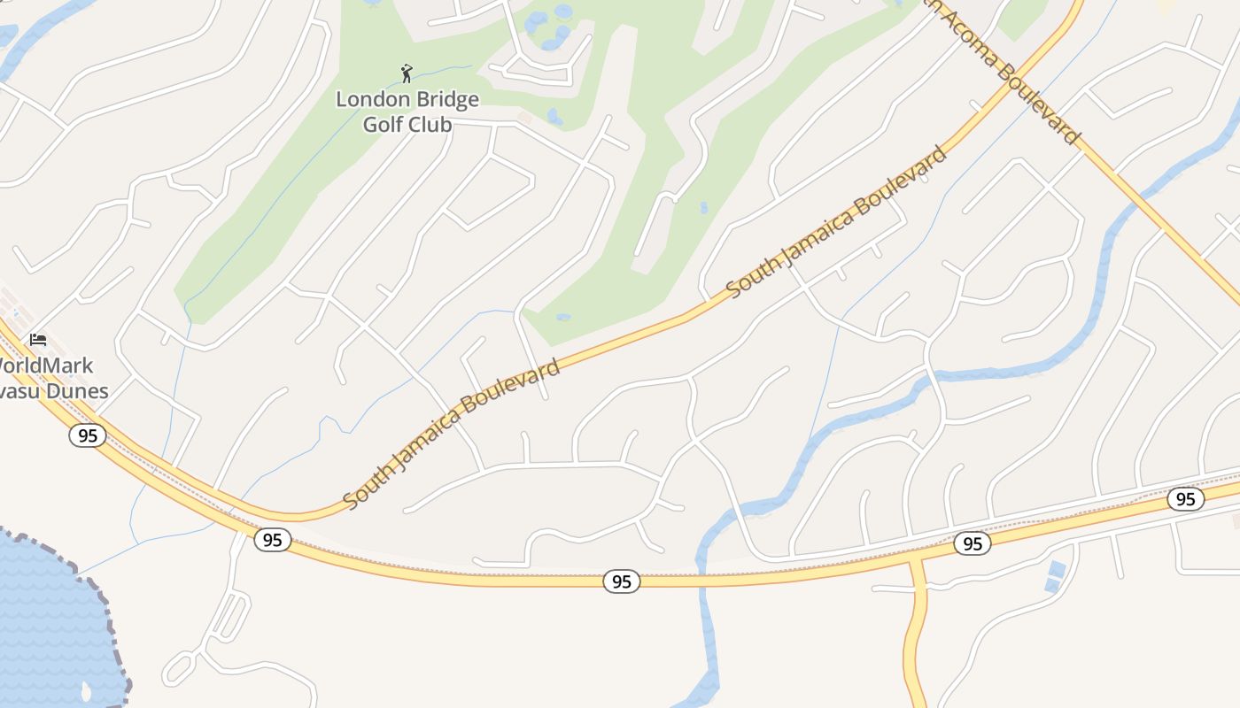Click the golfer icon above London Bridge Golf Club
[x=407, y=73]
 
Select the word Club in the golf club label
[x=430, y=124]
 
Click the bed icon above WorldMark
[x=37, y=340]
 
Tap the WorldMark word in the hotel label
[x=44, y=366]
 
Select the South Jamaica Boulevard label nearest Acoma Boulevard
[x=837, y=221]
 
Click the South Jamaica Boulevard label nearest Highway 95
[x=452, y=434]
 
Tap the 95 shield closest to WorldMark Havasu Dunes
[x=87, y=435]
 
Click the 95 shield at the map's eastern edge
[x=1185, y=499]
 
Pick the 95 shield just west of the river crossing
[x=622, y=581]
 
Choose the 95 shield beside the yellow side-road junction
[x=973, y=543]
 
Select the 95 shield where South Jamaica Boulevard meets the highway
[x=273, y=540]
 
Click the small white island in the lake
[x=85, y=689]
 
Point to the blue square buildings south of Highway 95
[x=1054, y=575]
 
